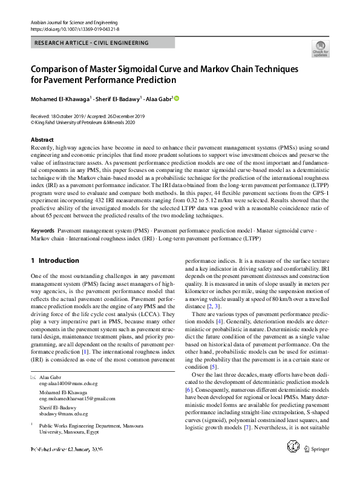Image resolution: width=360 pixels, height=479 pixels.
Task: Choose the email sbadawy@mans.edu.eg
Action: [64, 414]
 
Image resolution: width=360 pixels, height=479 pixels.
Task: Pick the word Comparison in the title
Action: [57, 68]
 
